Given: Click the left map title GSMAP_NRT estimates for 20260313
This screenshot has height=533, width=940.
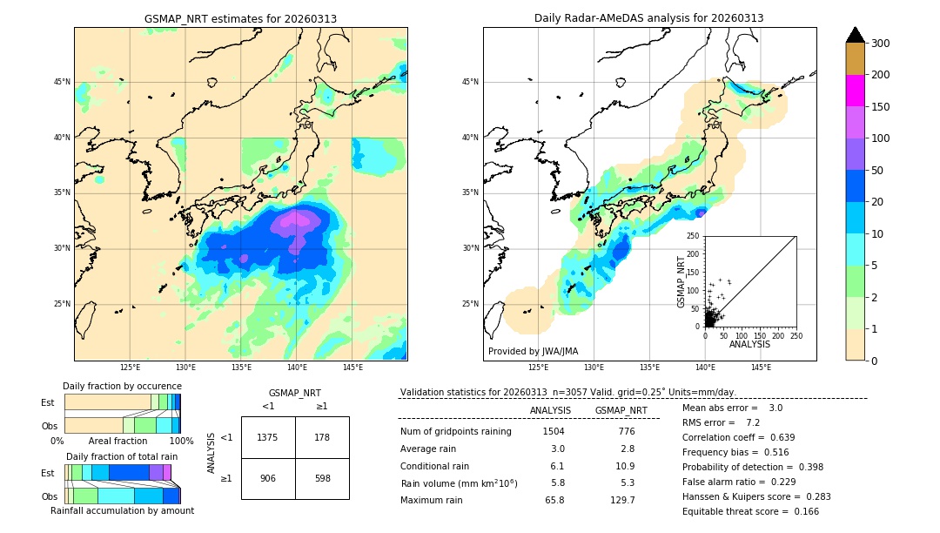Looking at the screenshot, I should point(240,18).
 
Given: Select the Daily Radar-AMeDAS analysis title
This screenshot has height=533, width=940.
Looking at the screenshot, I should point(648,18).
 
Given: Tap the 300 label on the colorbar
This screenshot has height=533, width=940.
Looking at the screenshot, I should point(881,44).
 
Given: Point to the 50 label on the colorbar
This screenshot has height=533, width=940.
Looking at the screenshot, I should point(877,171).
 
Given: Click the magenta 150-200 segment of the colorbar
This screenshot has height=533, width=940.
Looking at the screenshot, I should point(855,91).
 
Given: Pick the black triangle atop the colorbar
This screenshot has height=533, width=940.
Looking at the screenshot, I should point(855,35).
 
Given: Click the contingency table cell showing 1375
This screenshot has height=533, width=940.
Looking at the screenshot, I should point(268,437).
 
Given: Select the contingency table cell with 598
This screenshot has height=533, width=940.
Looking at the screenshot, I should point(322,478).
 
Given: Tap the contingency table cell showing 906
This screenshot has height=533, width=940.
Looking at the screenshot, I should point(268,478).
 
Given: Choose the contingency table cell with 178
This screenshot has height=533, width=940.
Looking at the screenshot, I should point(322,437).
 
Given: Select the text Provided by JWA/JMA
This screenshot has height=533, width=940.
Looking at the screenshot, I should point(533,351).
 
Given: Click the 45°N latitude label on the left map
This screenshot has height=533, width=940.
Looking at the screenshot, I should point(62,82).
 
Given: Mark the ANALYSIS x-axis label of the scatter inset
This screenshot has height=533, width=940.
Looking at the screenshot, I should point(749,344).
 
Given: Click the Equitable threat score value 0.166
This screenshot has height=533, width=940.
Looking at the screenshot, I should point(802,511).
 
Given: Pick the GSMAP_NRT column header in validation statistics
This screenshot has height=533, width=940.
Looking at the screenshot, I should point(621,410).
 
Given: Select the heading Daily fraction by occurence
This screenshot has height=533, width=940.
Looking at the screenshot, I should point(122,386).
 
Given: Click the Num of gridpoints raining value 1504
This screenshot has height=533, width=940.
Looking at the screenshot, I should point(554,431).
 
